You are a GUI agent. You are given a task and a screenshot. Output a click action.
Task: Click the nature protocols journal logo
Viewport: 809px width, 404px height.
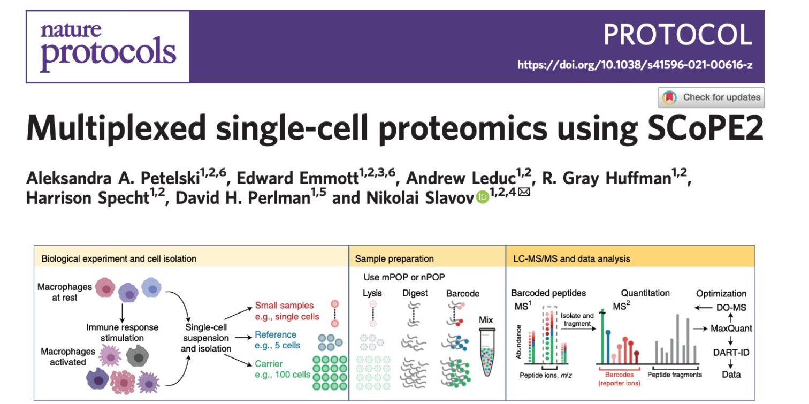click(x=108, y=47)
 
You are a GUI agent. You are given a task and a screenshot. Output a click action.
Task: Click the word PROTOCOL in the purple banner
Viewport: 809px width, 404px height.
click(x=677, y=35)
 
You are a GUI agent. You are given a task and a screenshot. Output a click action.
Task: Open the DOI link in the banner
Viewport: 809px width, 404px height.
click(x=635, y=65)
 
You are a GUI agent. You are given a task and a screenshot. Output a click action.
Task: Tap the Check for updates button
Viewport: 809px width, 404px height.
click(x=711, y=97)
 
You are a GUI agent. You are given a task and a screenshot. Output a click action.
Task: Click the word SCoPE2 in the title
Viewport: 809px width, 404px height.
click(x=705, y=128)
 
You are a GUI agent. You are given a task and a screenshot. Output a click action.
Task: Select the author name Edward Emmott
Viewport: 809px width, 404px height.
click(x=297, y=178)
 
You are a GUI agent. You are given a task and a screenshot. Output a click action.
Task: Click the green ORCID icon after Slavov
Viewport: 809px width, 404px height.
click(x=482, y=197)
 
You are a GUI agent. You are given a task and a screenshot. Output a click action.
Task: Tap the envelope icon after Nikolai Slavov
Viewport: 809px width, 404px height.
click(x=524, y=192)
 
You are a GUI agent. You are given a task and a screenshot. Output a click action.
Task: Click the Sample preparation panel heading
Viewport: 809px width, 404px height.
click(x=394, y=258)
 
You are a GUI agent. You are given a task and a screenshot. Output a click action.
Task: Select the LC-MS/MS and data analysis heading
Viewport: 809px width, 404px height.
click(x=572, y=258)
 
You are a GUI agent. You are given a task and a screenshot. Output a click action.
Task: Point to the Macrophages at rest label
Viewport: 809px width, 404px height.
click(x=65, y=292)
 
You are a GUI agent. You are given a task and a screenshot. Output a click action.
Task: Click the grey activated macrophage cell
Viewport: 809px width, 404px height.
click(x=138, y=355)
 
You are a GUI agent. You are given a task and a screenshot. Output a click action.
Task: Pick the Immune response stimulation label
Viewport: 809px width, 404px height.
click(x=122, y=332)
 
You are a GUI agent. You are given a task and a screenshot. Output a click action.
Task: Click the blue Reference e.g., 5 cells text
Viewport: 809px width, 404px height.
click(x=277, y=340)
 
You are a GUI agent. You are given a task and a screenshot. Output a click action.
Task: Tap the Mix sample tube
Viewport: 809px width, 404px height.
click(x=487, y=352)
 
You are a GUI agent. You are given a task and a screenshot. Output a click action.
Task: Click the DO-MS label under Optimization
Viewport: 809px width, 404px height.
click(x=731, y=308)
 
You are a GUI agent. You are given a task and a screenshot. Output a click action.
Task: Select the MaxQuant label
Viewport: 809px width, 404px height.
click(x=731, y=329)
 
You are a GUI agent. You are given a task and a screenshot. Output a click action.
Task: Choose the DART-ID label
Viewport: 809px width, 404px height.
click(x=731, y=353)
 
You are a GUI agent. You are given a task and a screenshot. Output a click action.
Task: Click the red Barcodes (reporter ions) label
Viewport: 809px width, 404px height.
click(x=619, y=379)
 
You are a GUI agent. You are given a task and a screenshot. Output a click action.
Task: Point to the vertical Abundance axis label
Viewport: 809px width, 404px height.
click(x=518, y=342)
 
